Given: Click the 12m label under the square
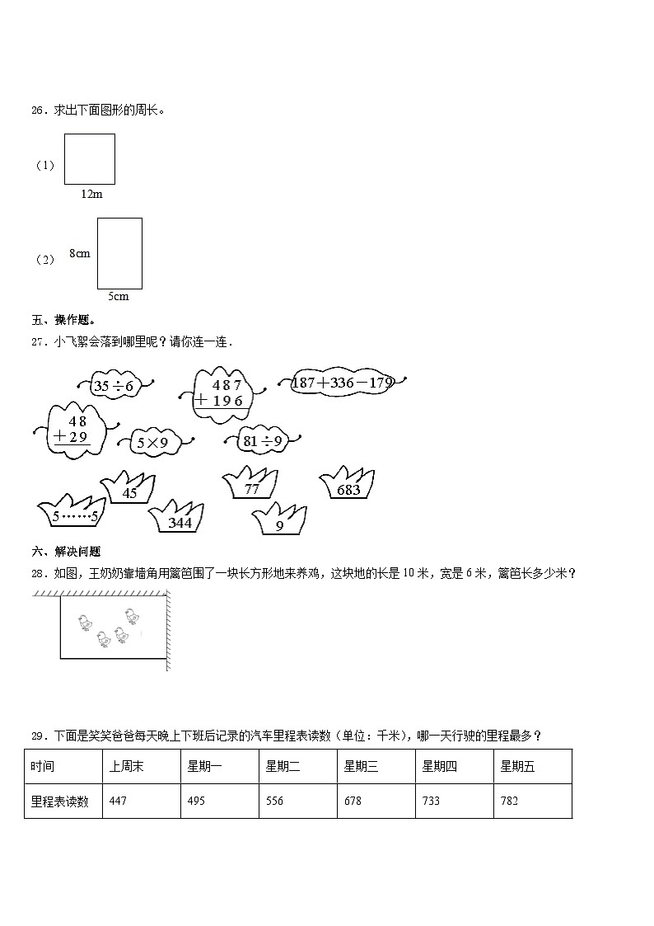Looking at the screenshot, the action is pyautogui.click(x=91, y=194).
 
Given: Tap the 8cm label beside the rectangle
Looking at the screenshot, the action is pyautogui.click(x=80, y=253).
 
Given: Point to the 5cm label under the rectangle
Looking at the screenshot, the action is pyautogui.click(x=119, y=296).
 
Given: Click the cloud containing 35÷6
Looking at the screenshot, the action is pyautogui.click(x=114, y=384).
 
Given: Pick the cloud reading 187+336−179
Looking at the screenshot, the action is pyautogui.click(x=343, y=383).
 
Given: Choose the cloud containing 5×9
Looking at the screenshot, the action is pyautogui.click(x=152, y=444).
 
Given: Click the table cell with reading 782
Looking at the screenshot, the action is pyautogui.click(x=533, y=801).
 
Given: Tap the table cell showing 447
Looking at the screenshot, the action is pyautogui.click(x=141, y=801).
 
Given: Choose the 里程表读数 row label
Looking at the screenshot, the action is pyautogui.click(x=63, y=801).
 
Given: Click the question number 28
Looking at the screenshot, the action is pyautogui.click(x=38, y=574).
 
